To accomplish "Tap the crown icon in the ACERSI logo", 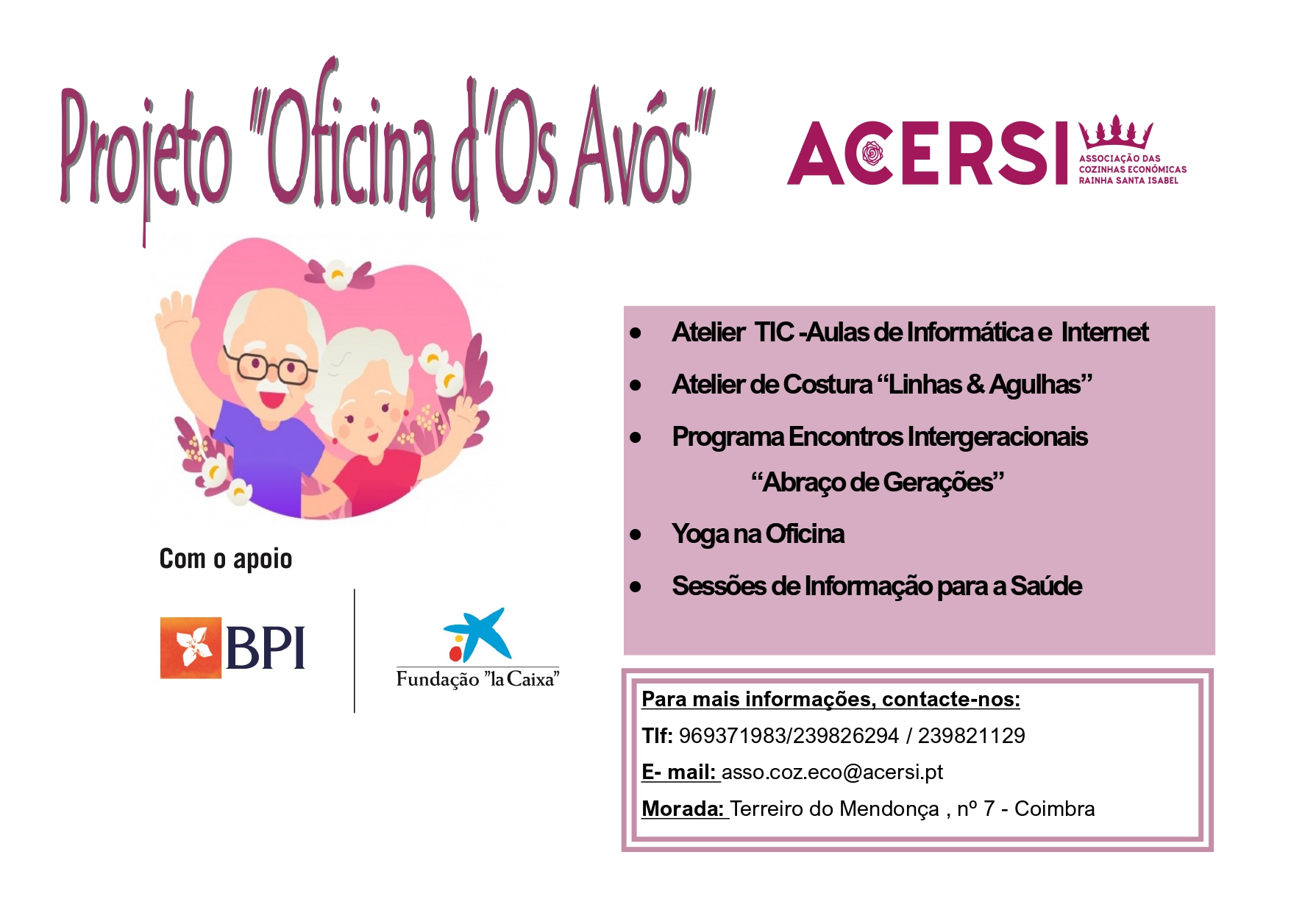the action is coord(1115,132).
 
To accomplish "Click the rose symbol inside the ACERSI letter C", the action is coord(872,154).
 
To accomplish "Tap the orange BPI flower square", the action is coord(191,647).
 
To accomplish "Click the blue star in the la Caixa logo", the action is coord(479,633).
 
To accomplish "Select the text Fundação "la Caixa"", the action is coord(478,678).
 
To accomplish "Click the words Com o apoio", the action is coord(226,559).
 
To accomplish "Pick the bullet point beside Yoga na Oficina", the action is coord(636,535).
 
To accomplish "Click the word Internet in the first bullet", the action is coord(1104,333).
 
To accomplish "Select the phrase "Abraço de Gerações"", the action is coord(878,483).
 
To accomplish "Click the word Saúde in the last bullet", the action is coord(1046,586).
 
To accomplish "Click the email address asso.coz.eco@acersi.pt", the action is coord(832,772).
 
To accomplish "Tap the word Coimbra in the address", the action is coord(1054,809).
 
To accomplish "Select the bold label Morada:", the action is coord(683,809).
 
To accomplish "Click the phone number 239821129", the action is coord(971,736).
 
